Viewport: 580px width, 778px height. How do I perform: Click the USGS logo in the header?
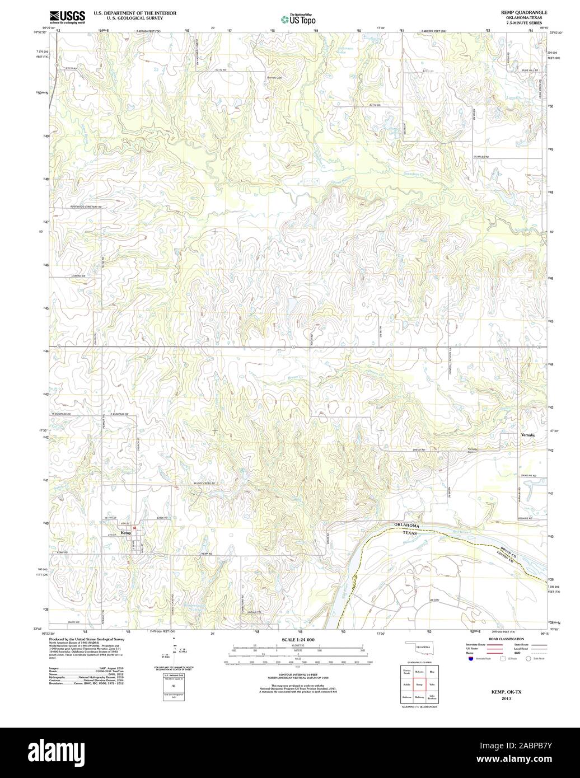(x=67, y=16)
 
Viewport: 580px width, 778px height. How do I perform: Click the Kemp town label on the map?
(x=125, y=533)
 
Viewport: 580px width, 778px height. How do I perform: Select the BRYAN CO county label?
(x=503, y=550)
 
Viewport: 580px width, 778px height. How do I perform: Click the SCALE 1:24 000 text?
(x=298, y=640)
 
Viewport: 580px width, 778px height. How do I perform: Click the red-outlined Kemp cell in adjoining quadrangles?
(x=419, y=685)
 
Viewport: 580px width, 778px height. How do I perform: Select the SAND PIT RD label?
(x=527, y=475)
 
